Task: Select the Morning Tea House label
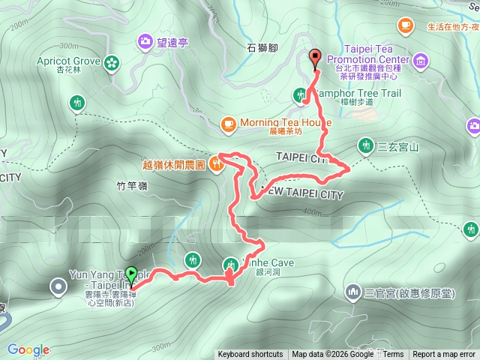(x=285, y=123)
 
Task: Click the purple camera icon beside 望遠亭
(x=145, y=43)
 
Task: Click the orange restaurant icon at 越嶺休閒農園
(x=216, y=163)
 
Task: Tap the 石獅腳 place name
(x=262, y=47)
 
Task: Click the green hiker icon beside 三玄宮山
(x=365, y=145)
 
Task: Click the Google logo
(x=28, y=349)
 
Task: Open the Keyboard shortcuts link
(x=250, y=355)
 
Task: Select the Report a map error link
(x=444, y=355)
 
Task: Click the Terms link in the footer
(x=393, y=355)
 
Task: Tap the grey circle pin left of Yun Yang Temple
(x=58, y=286)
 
